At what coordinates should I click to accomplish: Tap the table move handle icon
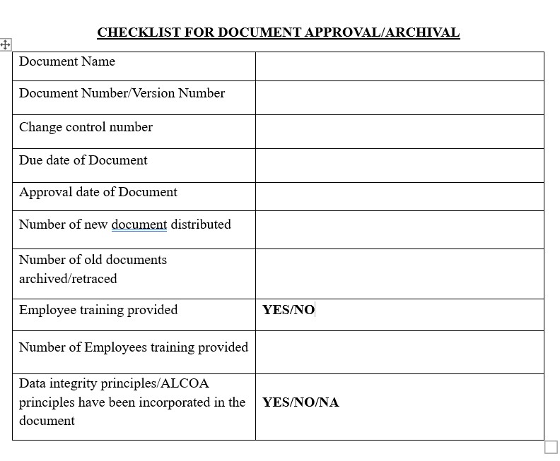(x=5, y=44)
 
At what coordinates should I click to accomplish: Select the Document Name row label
(x=67, y=61)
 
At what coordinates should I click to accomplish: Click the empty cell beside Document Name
(x=399, y=66)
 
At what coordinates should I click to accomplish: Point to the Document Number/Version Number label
(x=122, y=93)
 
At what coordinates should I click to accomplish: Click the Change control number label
(x=86, y=127)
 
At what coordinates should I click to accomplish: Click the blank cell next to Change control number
(x=399, y=131)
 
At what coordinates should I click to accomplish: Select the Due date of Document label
(x=83, y=160)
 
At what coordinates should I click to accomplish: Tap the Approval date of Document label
(x=98, y=192)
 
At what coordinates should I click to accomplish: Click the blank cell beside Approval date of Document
(x=399, y=196)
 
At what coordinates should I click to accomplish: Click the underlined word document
(x=139, y=224)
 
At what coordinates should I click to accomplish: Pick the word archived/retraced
(x=68, y=279)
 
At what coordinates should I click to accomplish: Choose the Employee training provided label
(x=98, y=310)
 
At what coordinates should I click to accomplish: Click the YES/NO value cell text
(x=288, y=310)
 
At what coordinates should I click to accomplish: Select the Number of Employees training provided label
(x=134, y=347)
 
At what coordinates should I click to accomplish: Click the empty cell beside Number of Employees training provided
(x=399, y=352)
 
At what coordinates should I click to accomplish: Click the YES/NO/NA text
(x=301, y=402)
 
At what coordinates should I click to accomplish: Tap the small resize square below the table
(x=551, y=448)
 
